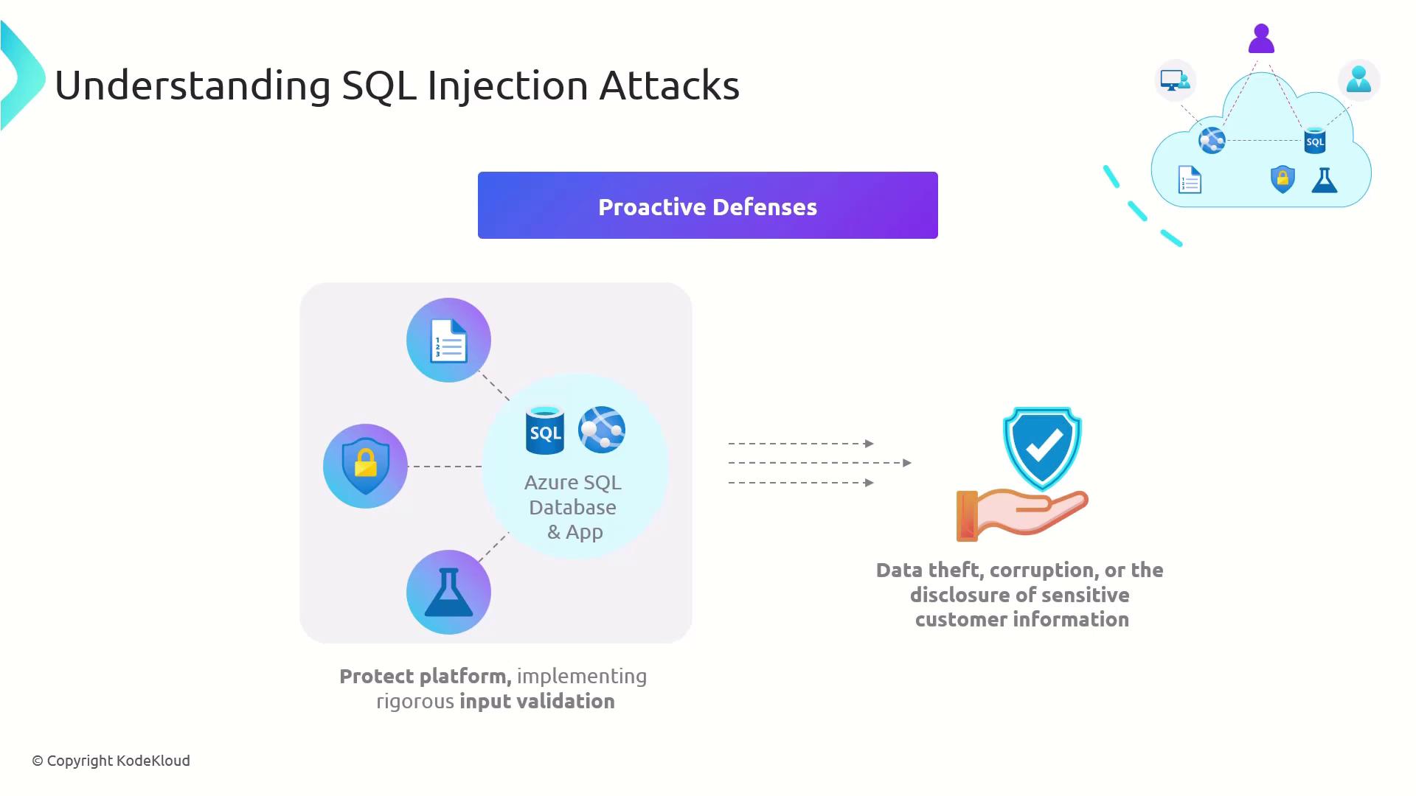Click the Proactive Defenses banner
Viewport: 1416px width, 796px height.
707,206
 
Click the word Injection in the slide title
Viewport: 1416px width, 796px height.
507,85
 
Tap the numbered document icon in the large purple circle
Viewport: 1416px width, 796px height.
448,341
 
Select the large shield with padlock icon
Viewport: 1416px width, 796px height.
365,466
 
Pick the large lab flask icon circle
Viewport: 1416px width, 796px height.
448,592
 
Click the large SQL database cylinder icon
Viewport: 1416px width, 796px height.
545,430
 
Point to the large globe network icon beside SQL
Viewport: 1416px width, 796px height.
602,429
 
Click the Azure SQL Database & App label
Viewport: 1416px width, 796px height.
573,507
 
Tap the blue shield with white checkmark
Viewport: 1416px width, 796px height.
1041,446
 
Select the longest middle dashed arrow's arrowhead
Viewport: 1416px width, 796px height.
907,463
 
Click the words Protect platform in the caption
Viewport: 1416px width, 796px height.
425,676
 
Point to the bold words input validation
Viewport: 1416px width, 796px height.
537,701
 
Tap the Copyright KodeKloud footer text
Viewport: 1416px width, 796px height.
111,761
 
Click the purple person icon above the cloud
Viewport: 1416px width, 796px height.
1261,38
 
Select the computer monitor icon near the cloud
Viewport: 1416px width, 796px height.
1174,80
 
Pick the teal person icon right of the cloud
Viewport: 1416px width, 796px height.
1358,79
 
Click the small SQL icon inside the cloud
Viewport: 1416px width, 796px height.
1315,141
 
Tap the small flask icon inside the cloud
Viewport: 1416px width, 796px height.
1325,180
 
